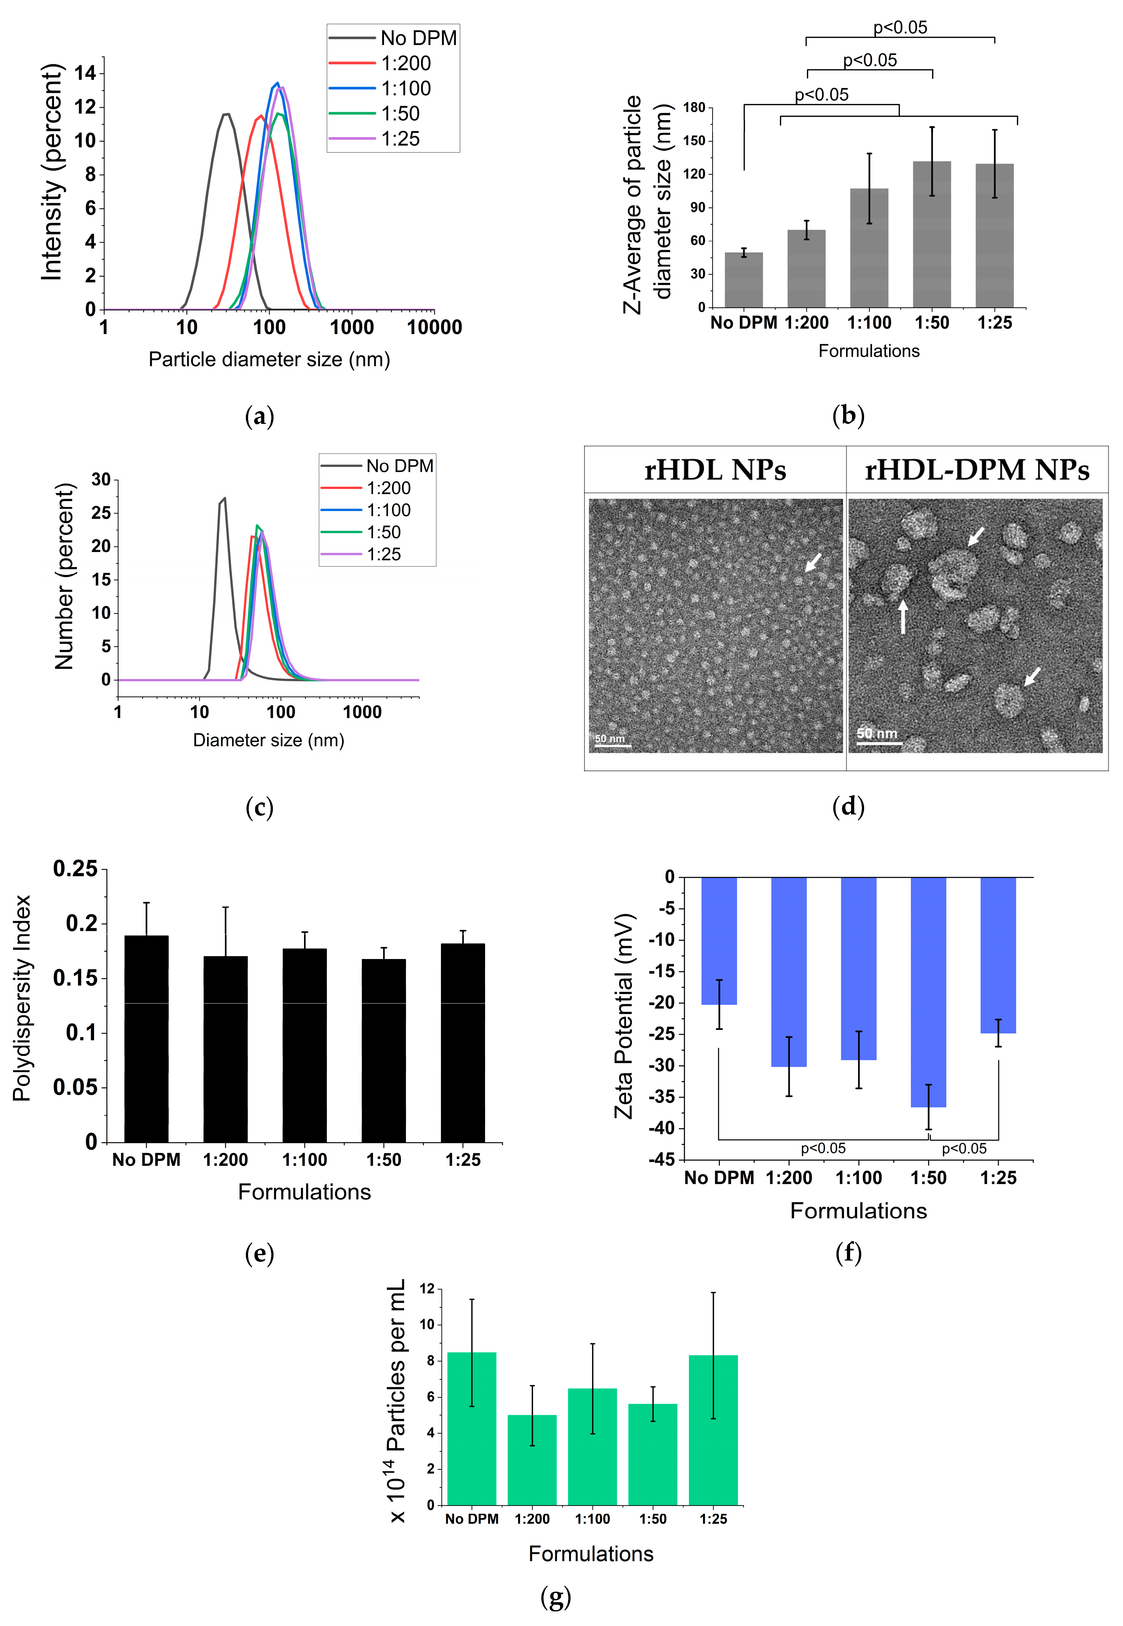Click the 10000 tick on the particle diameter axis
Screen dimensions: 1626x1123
pos(434,327)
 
